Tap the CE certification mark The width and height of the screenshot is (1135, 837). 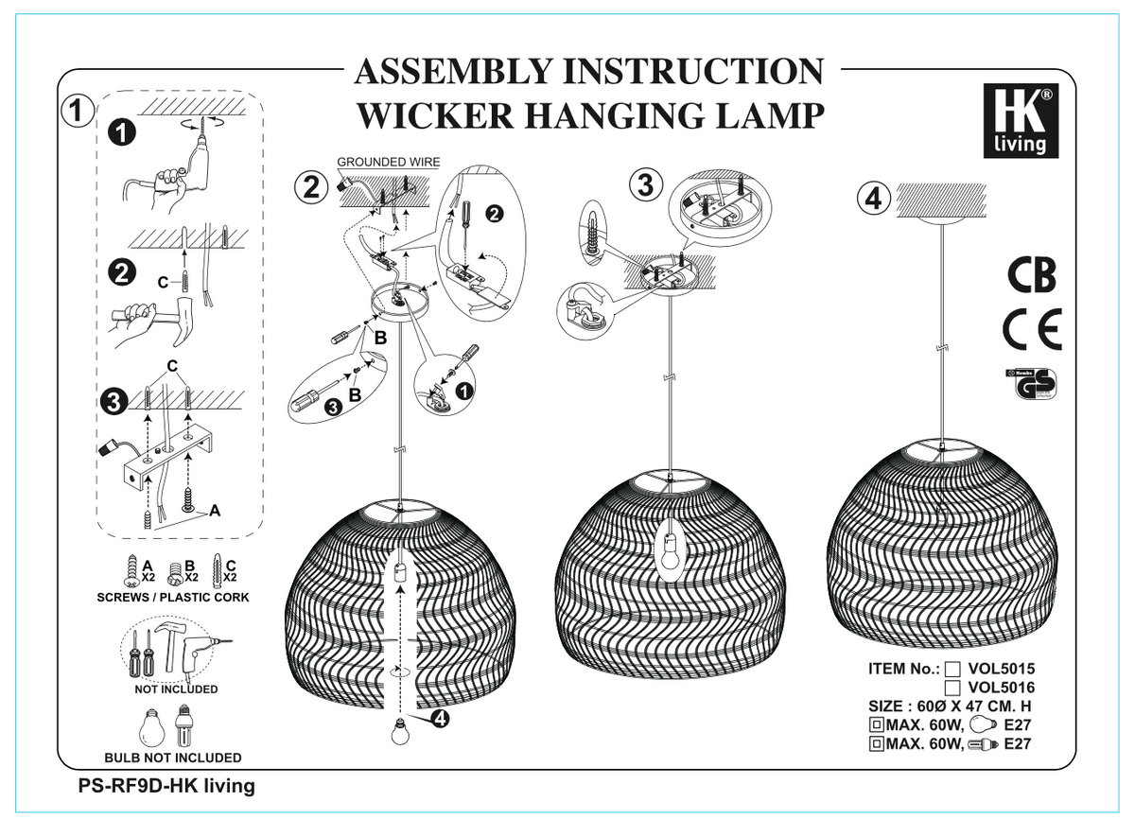pyautogui.click(x=1031, y=329)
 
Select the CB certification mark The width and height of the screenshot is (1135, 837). pyautogui.click(x=1031, y=274)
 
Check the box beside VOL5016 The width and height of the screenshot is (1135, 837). pyautogui.click(x=953, y=689)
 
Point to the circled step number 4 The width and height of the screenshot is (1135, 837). pyautogui.click(x=874, y=199)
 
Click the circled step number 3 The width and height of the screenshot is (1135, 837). pyautogui.click(x=646, y=186)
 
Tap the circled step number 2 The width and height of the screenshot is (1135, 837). pyautogui.click(x=309, y=187)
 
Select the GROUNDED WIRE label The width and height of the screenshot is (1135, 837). pyautogui.click(x=389, y=163)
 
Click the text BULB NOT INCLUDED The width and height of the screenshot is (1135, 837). pyautogui.click(x=173, y=758)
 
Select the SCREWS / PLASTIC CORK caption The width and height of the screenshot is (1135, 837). pyautogui.click(x=173, y=598)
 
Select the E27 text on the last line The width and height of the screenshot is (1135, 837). pyautogui.click(x=1016, y=744)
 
